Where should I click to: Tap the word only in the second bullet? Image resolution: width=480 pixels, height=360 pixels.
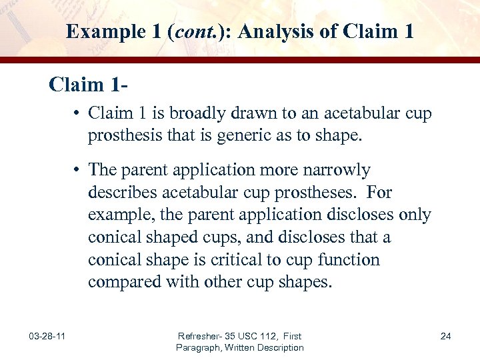pyautogui.click(x=416, y=215)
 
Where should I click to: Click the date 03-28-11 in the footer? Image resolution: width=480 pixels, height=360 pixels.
pyautogui.click(x=47, y=336)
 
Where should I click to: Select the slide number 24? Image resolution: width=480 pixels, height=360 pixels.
pyautogui.click(x=445, y=336)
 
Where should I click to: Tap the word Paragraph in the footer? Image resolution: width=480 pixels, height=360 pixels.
pyautogui.click(x=199, y=347)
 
